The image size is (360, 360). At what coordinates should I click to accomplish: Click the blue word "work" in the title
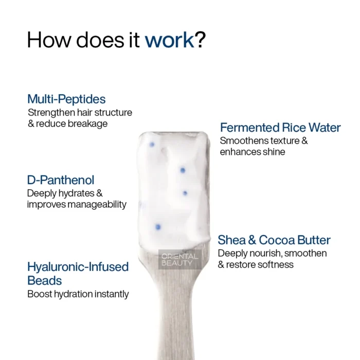(169, 40)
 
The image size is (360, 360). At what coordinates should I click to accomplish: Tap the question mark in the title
(200, 40)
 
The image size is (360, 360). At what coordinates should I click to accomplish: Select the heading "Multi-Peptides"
(66, 99)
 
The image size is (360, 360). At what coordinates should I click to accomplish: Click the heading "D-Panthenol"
(61, 180)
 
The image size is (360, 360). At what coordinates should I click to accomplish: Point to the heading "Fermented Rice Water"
(280, 128)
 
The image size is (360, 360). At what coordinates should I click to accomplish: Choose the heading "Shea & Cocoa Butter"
(274, 240)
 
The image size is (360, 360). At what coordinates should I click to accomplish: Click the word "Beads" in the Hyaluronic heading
(45, 281)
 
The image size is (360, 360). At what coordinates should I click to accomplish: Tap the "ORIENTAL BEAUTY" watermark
(180, 259)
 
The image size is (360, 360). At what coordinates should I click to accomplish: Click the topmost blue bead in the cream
(152, 145)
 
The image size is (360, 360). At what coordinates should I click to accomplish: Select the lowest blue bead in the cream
(158, 227)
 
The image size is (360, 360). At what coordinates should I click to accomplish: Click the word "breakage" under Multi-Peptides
(88, 124)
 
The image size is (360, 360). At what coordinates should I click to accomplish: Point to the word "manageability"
(97, 204)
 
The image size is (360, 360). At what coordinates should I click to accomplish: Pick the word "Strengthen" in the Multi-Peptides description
(51, 113)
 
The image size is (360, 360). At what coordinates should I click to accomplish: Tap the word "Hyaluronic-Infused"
(78, 267)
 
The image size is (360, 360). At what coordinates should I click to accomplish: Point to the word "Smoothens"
(244, 141)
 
